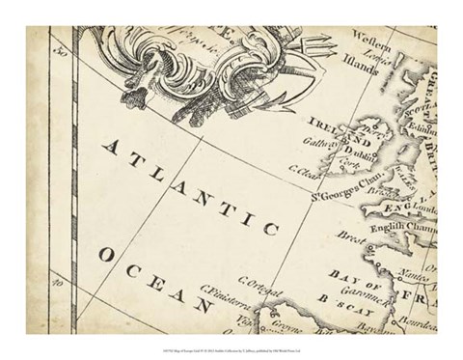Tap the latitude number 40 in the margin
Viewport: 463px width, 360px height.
(x=58, y=284)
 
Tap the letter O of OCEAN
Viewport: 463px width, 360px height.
(x=102, y=255)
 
